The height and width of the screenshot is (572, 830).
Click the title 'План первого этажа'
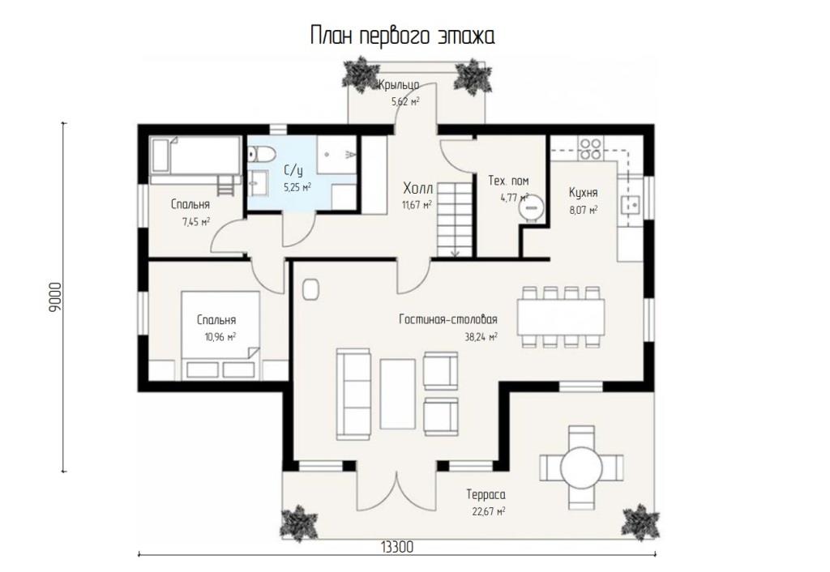tap(402, 36)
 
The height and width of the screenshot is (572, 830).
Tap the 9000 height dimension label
tap(55, 297)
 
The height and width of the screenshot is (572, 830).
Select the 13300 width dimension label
tap(396, 547)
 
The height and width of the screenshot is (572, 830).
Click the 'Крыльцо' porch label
tap(399, 84)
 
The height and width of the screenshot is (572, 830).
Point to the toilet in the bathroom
tap(262, 154)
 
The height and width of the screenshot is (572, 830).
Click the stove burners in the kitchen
tap(590, 149)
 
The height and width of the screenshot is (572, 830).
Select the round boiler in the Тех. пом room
tap(531, 207)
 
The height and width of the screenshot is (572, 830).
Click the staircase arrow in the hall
tap(456, 252)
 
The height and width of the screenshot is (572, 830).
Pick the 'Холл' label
tap(417, 188)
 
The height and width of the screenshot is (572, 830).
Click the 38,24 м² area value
tap(481, 337)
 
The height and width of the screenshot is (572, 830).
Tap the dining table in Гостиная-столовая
tap(561, 317)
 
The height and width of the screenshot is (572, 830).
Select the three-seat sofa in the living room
tap(353, 394)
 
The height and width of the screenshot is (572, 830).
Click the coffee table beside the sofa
tap(397, 394)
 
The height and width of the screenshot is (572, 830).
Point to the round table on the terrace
tap(582, 467)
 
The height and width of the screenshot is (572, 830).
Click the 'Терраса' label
tap(486, 495)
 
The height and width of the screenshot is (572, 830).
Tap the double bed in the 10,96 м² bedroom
tap(220, 335)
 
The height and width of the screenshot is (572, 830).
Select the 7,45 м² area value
tap(196, 222)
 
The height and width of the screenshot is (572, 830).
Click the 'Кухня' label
tap(584, 192)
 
